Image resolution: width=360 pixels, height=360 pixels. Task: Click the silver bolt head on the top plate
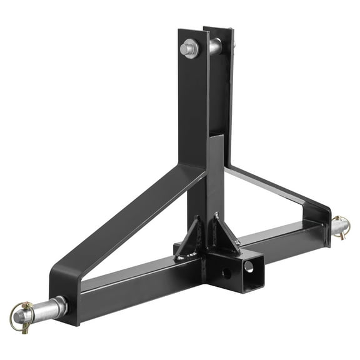click(189, 48)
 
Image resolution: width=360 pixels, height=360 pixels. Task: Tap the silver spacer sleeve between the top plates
click(214, 46)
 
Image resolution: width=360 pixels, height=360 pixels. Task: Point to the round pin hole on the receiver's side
click(226, 273)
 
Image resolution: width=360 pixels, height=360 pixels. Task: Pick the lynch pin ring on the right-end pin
click(344, 228)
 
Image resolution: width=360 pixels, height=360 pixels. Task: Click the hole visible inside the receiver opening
click(250, 266)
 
